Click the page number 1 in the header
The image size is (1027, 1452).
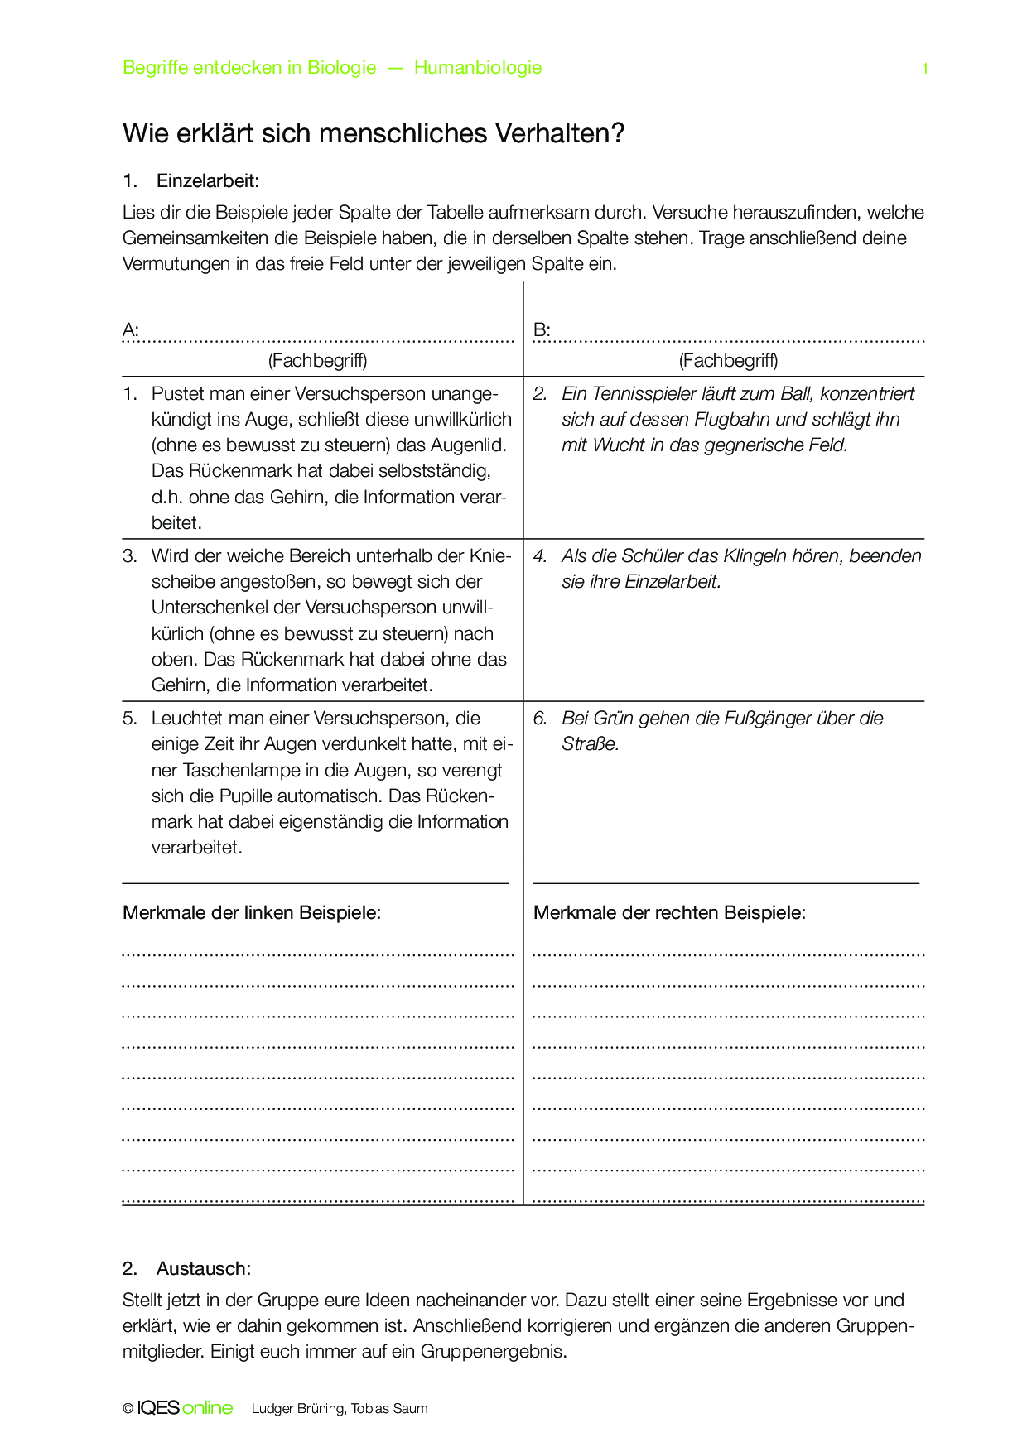tap(924, 69)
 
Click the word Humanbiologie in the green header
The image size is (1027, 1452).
tap(478, 68)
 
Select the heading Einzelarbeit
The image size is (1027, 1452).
tap(208, 180)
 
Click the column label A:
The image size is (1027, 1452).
tap(131, 330)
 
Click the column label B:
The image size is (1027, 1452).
tap(542, 330)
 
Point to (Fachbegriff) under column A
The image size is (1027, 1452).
tap(317, 360)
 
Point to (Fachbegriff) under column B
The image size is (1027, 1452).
tap(728, 360)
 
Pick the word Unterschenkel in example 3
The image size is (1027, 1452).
tap(210, 607)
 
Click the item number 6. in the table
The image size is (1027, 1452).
tap(540, 718)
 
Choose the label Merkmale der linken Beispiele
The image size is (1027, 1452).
tap(252, 912)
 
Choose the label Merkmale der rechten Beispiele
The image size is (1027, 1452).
tap(669, 912)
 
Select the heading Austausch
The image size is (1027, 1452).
tap(203, 1268)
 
